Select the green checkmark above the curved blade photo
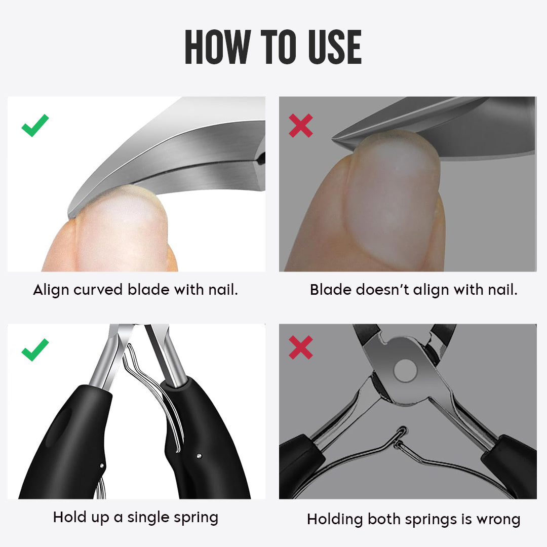[35, 125]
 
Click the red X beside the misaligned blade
[301, 125]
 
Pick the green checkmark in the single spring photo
[35, 349]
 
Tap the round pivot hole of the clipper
[404, 370]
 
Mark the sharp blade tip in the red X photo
[335, 138]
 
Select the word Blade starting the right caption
[330, 290]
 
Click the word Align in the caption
[51, 290]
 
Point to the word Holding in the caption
[335, 520]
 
